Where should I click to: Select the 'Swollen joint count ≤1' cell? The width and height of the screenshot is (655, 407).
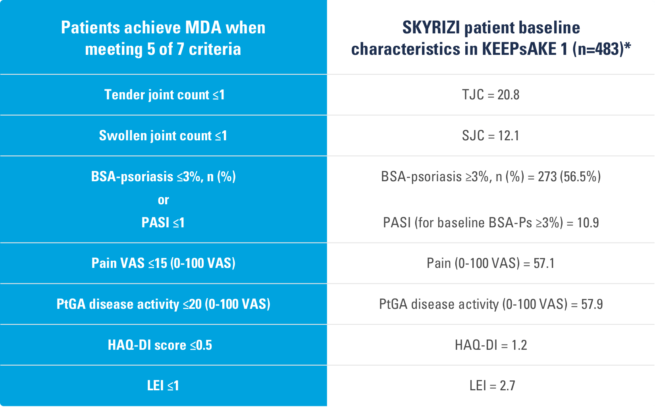163,136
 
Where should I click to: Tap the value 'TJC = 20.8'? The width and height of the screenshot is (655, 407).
491,95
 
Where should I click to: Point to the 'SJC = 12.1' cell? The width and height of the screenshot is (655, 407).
491,136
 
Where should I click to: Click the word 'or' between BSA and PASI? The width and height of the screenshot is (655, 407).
164,200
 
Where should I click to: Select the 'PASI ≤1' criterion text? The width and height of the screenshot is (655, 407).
163,223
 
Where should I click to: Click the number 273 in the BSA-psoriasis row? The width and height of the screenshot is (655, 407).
547,176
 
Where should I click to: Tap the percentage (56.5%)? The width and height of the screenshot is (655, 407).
580,176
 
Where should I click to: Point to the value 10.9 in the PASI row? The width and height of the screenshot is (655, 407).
588,223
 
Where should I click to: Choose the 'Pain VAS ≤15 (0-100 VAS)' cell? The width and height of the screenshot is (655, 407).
164,263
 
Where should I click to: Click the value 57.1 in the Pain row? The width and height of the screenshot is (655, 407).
544,263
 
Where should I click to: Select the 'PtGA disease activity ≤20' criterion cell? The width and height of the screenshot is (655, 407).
164,304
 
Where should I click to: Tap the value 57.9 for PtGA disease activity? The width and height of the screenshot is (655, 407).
592,304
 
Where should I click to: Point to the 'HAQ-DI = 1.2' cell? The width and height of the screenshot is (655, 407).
491,345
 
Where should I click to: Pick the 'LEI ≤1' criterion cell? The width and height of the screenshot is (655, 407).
163,386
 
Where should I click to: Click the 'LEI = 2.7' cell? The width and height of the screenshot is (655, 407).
492,386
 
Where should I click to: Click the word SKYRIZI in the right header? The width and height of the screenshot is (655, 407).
431,27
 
